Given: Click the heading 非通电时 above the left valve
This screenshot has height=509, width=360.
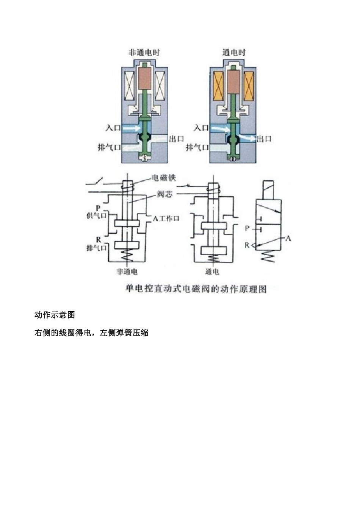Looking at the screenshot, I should (x=144, y=53).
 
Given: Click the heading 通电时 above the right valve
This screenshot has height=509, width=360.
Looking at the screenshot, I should (x=234, y=53).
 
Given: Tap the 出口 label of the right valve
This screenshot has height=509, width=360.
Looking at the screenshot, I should (x=264, y=139).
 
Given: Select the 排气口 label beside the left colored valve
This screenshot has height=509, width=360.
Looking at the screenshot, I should (x=109, y=147).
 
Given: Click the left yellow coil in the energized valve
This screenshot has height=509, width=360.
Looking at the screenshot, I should (x=220, y=86).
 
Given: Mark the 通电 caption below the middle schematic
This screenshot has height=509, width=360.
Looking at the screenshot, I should (x=212, y=272).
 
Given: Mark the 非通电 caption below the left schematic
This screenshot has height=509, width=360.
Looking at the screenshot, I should (x=127, y=272).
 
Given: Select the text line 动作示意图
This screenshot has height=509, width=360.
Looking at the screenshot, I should (x=55, y=315).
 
